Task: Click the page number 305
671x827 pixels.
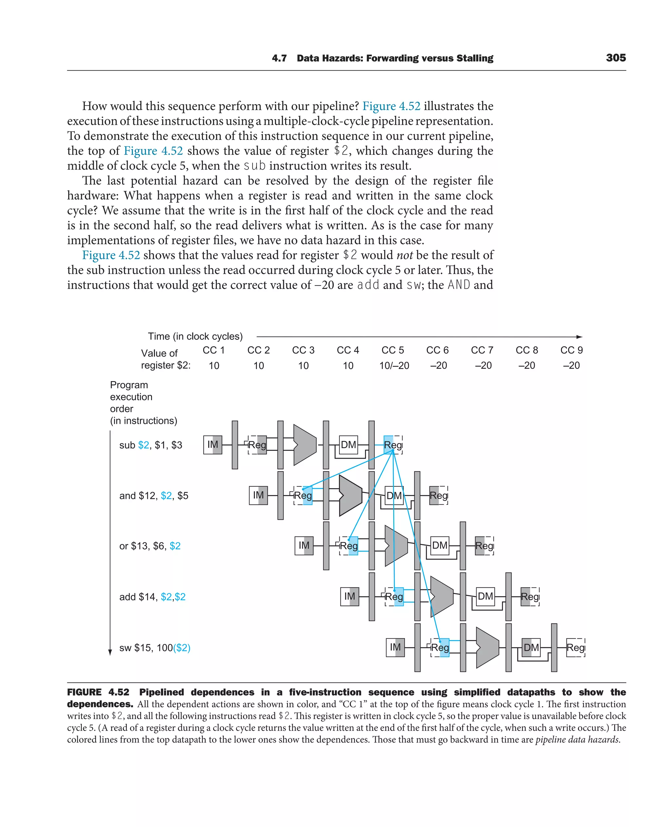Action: click(x=616, y=58)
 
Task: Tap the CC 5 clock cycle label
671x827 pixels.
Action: click(x=393, y=350)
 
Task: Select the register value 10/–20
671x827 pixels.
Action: click(x=394, y=365)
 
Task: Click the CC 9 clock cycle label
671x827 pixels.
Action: click(x=571, y=350)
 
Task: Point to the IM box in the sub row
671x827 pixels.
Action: click(x=213, y=445)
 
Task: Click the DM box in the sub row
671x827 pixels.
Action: click(x=348, y=445)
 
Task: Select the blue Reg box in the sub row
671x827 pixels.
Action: click(x=393, y=445)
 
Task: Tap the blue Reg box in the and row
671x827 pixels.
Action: click(x=303, y=496)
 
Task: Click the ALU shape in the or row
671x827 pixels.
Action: click(x=396, y=545)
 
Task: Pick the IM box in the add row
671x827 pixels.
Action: click(x=349, y=597)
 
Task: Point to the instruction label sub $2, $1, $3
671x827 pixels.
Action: click(x=151, y=445)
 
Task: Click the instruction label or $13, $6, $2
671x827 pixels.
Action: click(x=150, y=546)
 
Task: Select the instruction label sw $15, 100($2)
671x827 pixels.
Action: click(x=155, y=648)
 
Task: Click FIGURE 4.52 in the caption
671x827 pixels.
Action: click(x=98, y=692)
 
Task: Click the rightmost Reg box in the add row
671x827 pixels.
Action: click(x=529, y=597)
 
